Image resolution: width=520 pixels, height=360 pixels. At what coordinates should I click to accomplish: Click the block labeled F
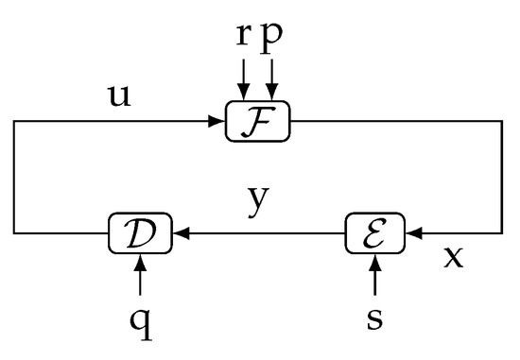[x=258, y=122]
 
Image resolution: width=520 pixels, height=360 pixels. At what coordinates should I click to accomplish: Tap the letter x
[x=454, y=257]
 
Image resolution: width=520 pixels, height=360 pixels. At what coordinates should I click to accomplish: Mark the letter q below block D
[x=140, y=318]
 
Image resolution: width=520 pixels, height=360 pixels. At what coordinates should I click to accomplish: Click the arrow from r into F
[x=244, y=78]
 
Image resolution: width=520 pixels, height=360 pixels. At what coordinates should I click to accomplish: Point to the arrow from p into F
[x=273, y=78]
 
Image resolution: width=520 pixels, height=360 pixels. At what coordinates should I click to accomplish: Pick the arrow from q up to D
[x=140, y=274]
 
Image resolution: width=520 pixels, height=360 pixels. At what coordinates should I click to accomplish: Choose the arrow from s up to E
[x=374, y=274]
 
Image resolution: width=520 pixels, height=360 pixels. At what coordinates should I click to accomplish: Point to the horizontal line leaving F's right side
[x=397, y=122]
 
